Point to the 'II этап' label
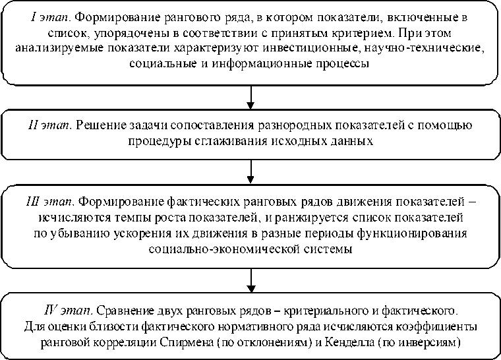(x=48, y=125)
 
